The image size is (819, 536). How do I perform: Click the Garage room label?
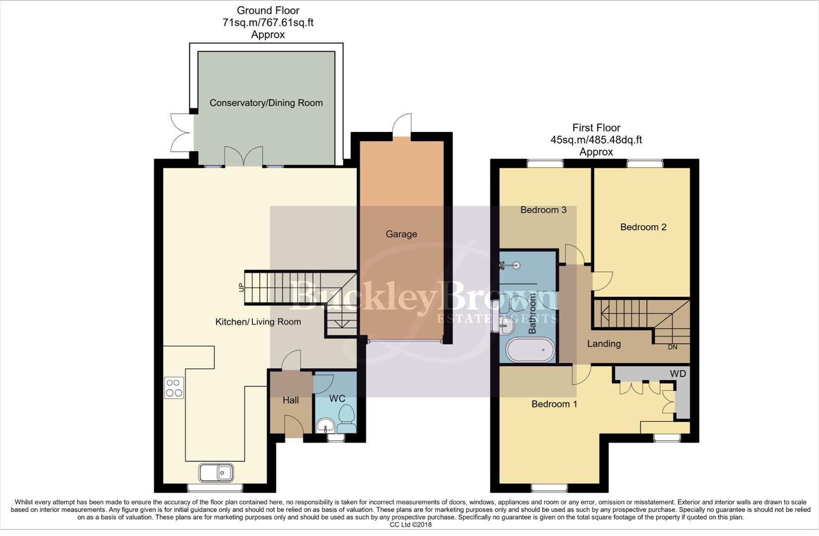(401, 234)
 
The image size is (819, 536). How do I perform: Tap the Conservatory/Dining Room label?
(266, 103)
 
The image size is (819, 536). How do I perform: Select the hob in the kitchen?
(174, 388)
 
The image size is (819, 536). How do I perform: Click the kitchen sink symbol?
(216, 472)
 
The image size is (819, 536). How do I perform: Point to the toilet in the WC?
(346, 419)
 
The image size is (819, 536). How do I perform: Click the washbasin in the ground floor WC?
(325, 425)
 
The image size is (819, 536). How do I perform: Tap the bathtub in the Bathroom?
(530, 350)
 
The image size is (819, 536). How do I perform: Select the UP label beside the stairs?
(242, 286)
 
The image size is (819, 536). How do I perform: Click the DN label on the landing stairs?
(672, 347)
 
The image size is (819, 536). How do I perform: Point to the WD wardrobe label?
(677, 374)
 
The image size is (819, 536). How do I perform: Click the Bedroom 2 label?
(643, 227)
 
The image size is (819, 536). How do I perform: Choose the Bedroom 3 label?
(543, 210)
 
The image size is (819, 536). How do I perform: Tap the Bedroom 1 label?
(554, 404)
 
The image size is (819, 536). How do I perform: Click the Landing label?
(603, 343)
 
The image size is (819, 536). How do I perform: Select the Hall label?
(291, 400)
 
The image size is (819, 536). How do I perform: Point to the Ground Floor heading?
(268, 10)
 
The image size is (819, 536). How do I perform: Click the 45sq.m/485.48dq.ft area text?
(596, 140)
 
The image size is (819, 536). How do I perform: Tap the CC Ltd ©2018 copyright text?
(410, 525)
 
